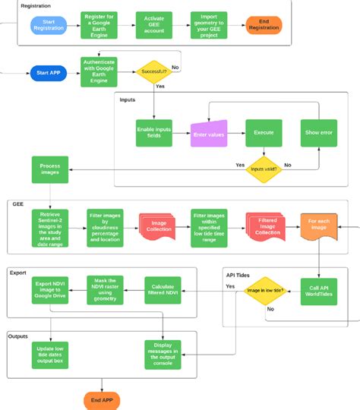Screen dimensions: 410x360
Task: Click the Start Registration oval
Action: tap(49, 26)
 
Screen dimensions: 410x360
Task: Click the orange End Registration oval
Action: tap(264, 25)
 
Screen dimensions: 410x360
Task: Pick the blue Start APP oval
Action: tap(49, 74)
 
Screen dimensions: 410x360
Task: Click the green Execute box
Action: tap(264, 132)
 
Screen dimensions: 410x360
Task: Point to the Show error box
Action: tap(318, 132)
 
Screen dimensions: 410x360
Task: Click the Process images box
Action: tap(49, 170)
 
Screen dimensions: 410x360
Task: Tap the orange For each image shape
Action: tap(318, 226)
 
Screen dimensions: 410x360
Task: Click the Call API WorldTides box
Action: tap(318, 290)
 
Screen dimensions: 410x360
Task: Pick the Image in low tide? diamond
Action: tap(264, 291)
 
